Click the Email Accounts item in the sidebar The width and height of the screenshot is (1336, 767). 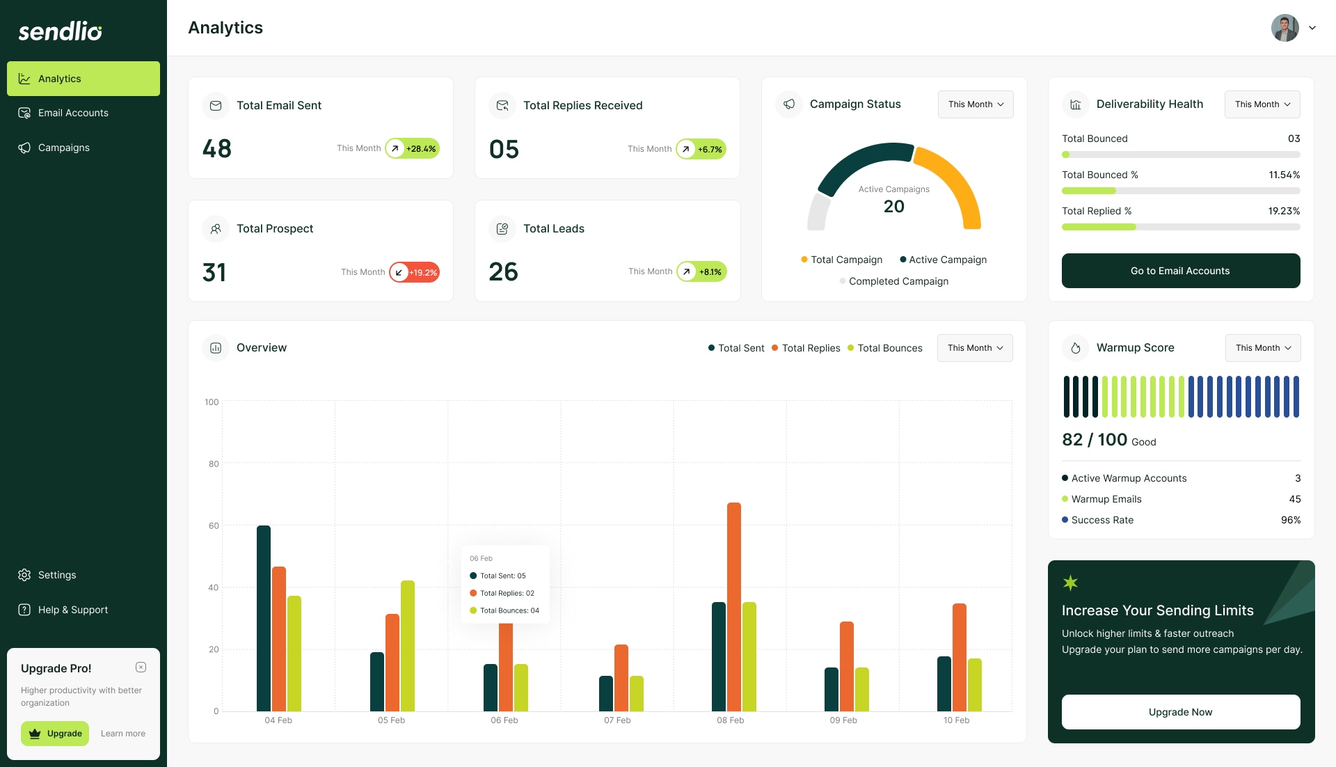[x=73, y=113]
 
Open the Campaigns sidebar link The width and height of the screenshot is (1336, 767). [x=63, y=148]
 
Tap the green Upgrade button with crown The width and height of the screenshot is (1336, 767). [x=55, y=734]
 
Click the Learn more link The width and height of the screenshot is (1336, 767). [x=123, y=734]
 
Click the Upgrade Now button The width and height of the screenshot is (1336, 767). [x=1180, y=712]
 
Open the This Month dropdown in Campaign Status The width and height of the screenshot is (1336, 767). [x=975, y=104]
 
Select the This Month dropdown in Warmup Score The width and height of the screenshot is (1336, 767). [x=1262, y=348]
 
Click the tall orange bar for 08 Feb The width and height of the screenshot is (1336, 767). [x=733, y=606]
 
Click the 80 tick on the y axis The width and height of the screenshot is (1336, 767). [x=213, y=464]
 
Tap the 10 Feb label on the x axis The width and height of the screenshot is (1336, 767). [x=956, y=720]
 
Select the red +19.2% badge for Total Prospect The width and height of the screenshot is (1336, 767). [x=415, y=272]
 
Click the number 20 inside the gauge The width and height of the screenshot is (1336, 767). [x=893, y=207]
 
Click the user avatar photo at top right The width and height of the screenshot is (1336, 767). [x=1285, y=28]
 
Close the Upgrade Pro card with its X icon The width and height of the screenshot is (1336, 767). [x=141, y=667]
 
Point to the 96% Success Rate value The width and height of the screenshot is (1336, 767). [x=1290, y=520]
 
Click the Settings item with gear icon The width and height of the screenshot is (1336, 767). [x=56, y=575]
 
